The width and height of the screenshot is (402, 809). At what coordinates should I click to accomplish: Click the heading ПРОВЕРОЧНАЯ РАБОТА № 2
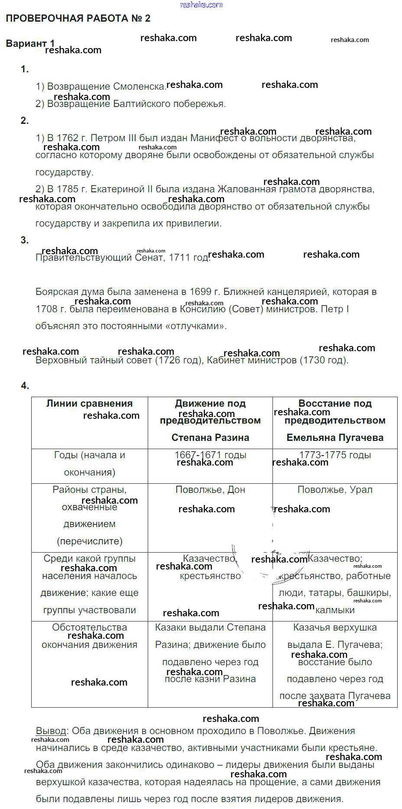(x=78, y=18)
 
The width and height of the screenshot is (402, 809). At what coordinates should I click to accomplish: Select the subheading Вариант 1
(x=30, y=43)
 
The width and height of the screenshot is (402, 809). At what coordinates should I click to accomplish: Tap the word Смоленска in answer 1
(x=139, y=87)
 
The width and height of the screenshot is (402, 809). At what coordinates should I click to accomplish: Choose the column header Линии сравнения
(x=90, y=404)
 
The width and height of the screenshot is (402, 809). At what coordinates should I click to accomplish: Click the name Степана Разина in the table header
(x=210, y=438)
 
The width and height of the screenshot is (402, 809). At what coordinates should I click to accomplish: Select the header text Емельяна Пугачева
(x=335, y=438)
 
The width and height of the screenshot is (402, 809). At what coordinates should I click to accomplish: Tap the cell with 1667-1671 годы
(x=210, y=455)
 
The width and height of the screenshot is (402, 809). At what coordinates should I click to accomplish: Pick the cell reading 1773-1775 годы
(x=335, y=455)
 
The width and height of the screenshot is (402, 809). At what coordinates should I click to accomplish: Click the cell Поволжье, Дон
(x=210, y=490)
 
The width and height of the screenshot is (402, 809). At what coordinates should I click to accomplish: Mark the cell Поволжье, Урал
(x=335, y=490)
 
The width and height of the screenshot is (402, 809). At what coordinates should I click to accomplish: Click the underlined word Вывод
(x=51, y=731)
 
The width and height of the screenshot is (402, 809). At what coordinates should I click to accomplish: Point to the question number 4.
(x=25, y=386)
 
